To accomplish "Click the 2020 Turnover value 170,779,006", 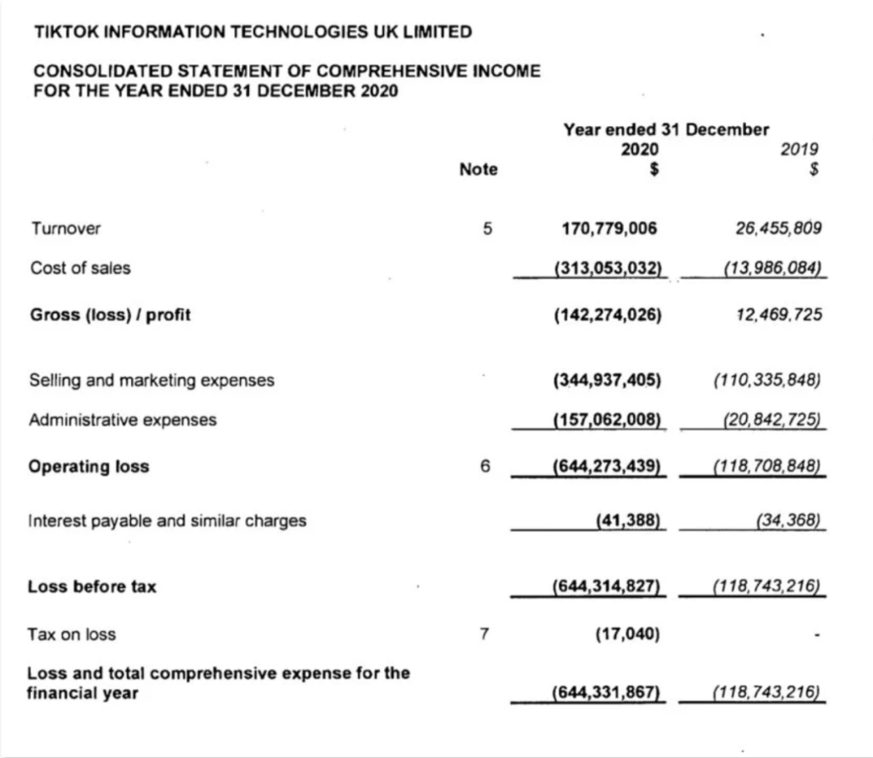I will click(x=609, y=228).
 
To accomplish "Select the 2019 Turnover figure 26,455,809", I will click(x=778, y=228).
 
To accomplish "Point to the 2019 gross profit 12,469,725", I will click(x=779, y=315).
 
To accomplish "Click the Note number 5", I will click(x=487, y=228).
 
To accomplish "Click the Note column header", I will click(x=478, y=170).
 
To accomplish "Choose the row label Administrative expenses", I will click(x=123, y=420).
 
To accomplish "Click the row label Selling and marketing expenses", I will click(x=151, y=380).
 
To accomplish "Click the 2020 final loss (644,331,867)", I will click(x=606, y=692).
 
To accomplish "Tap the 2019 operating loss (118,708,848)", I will click(x=767, y=466).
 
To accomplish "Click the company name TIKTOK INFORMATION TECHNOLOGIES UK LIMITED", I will click(x=253, y=32).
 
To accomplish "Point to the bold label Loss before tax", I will click(x=92, y=586).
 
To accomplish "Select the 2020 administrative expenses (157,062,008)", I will click(x=608, y=420).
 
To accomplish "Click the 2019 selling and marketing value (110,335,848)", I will click(x=767, y=380).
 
